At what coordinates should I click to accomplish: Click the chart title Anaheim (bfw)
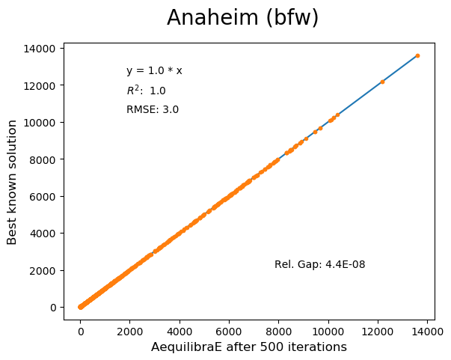(x=242, y=18)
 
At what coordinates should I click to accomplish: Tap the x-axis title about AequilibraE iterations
(x=249, y=347)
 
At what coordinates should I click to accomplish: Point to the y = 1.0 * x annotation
(x=154, y=71)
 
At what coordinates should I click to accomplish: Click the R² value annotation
(x=146, y=91)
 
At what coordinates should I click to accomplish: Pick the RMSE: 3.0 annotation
(x=152, y=110)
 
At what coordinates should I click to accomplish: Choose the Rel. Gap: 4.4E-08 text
(x=319, y=264)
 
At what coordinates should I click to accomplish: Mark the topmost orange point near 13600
(x=417, y=55)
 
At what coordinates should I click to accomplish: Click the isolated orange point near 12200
(x=382, y=82)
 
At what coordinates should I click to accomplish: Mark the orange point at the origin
(x=81, y=307)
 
